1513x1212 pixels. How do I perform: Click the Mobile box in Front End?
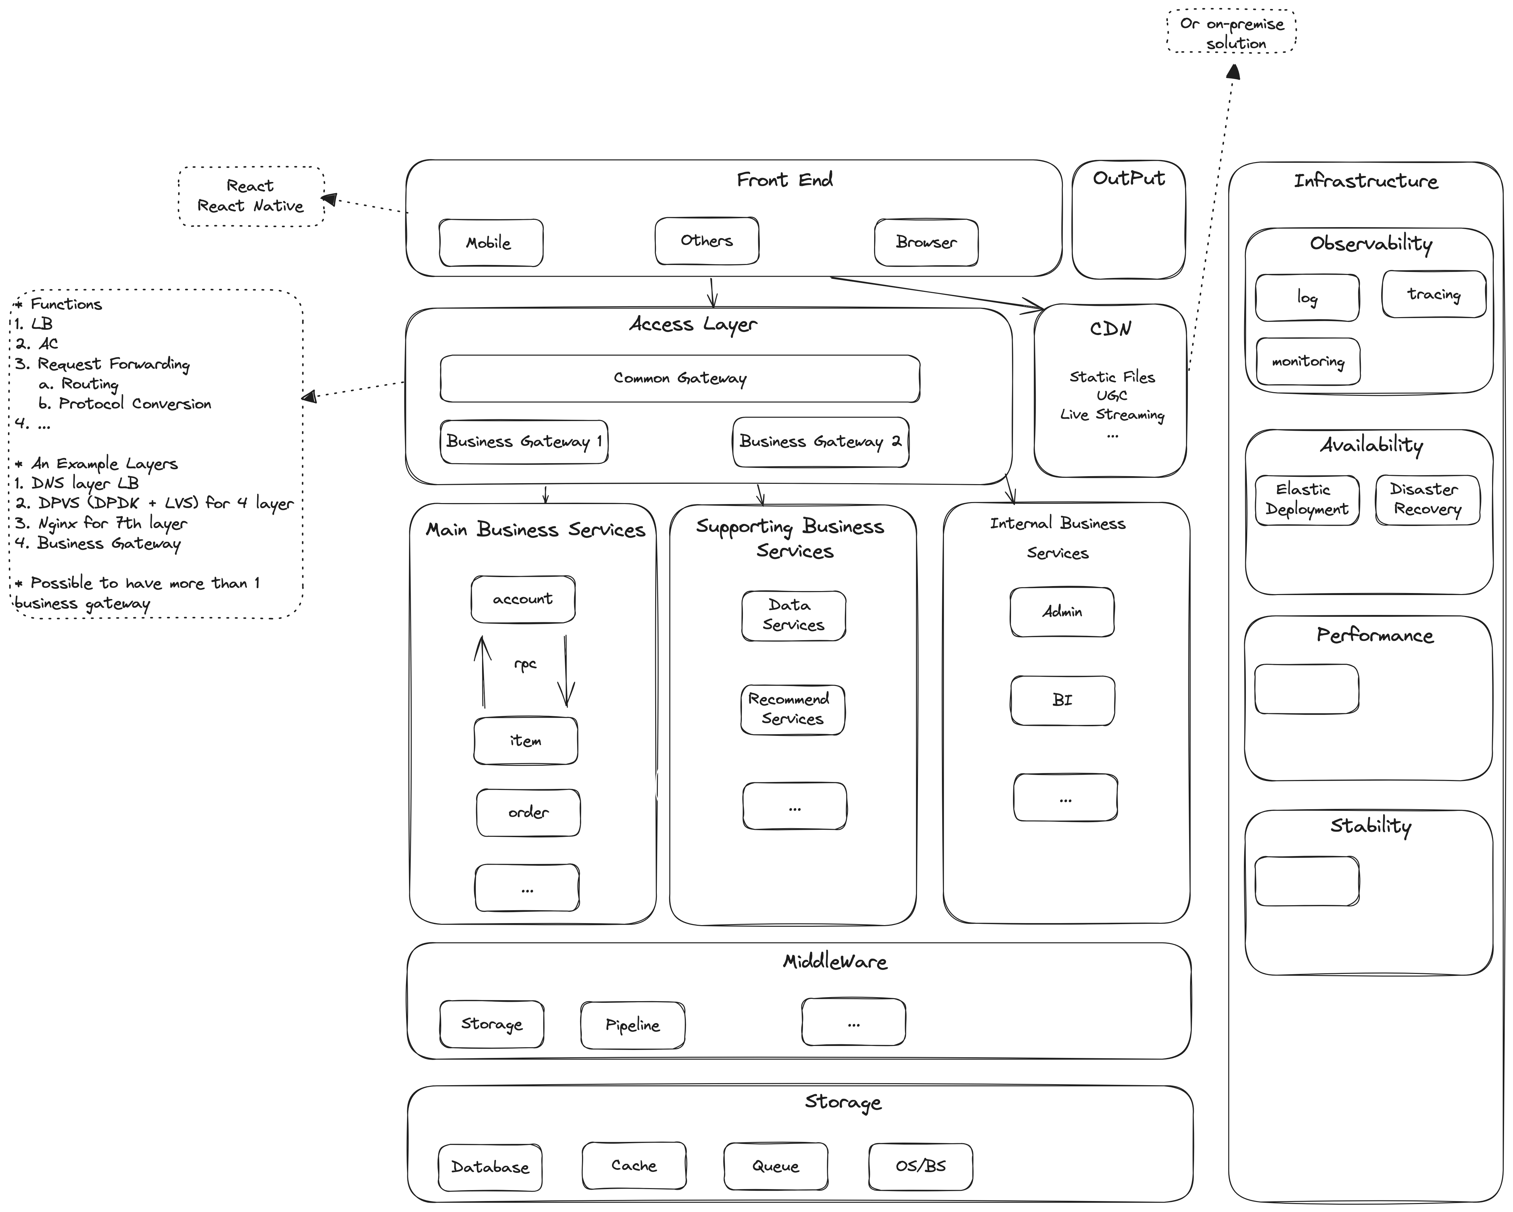[490, 243]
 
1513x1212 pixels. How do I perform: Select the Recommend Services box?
[792, 709]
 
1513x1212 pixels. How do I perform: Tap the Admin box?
[1062, 612]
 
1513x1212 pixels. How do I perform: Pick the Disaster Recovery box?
[1427, 499]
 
